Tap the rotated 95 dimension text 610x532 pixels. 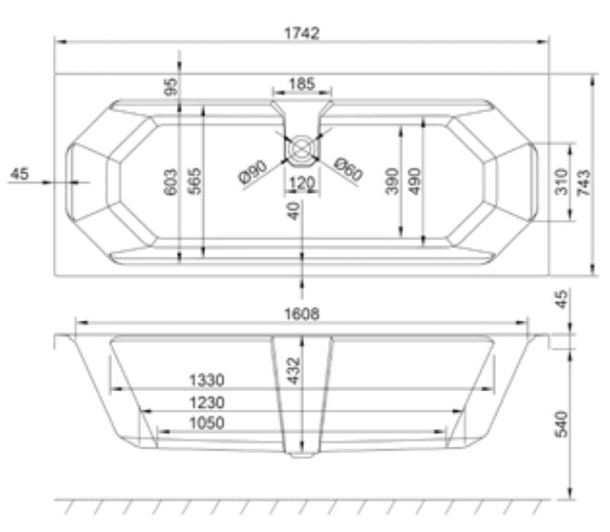171,88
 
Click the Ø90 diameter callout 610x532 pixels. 252,172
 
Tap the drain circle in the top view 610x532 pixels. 301,147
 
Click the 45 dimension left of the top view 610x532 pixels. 21,173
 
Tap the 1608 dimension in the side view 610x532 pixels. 301,314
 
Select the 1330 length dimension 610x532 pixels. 209,380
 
